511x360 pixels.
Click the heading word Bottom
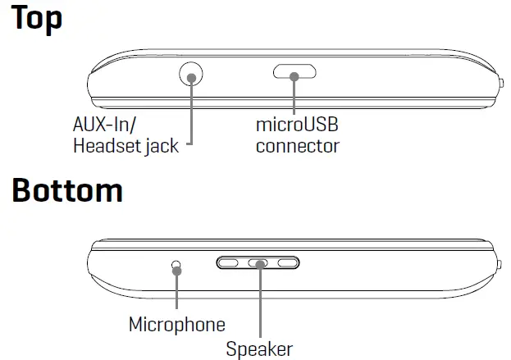(67, 191)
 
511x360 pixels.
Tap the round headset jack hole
(190, 75)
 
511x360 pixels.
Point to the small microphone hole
(176, 266)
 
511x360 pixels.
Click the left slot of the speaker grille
(230, 263)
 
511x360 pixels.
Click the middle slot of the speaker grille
(258, 263)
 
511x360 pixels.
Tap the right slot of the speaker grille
(286, 263)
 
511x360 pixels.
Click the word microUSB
(297, 127)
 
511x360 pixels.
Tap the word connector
(297, 148)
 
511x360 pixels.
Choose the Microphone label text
(176, 325)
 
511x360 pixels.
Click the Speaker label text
(259, 349)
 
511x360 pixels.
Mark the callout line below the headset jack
(190, 115)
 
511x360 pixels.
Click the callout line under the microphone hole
(176, 291)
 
